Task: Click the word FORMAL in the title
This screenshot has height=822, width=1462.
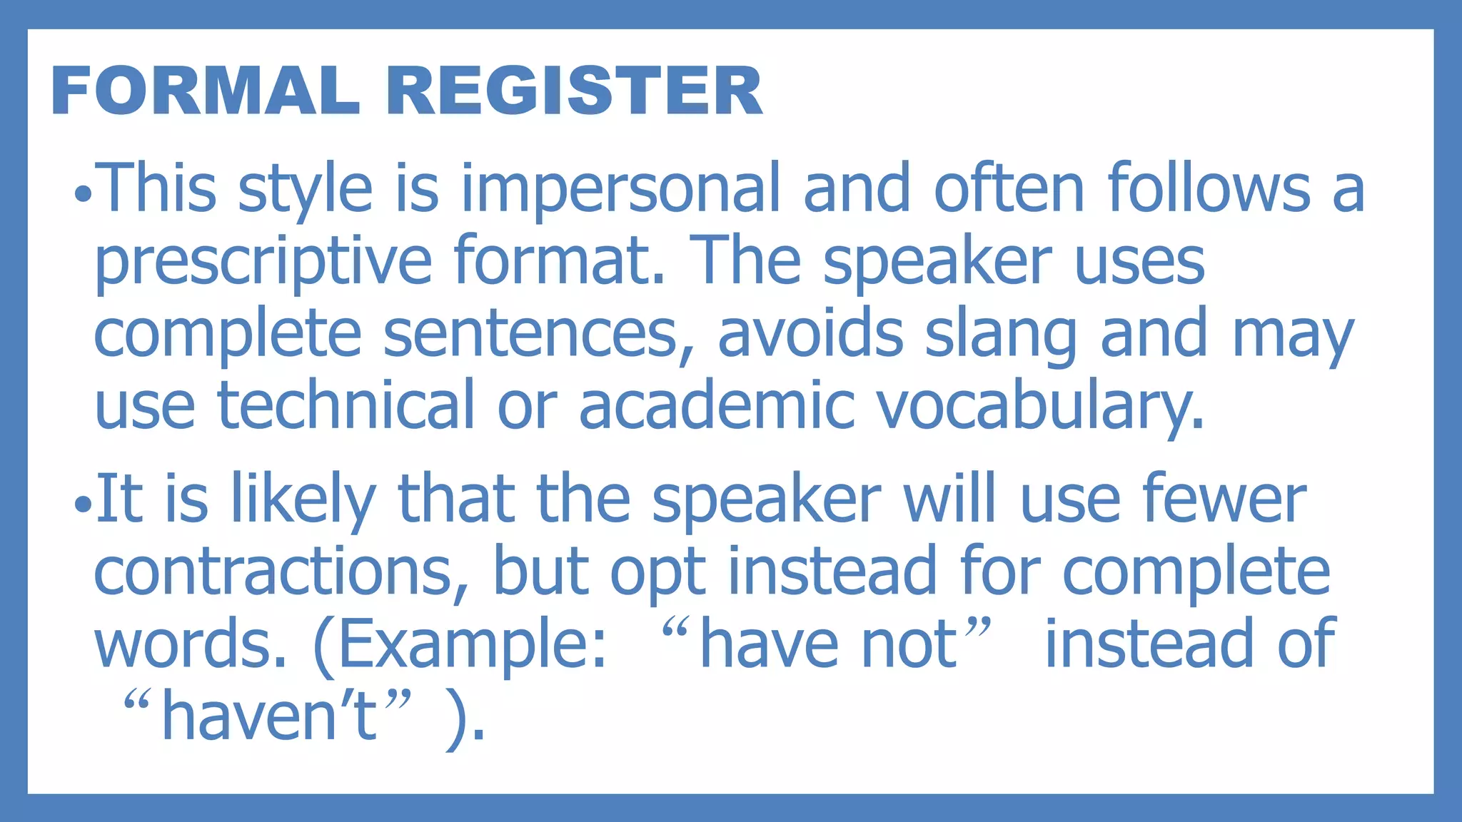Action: point(205,91)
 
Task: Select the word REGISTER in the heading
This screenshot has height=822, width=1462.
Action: point(575,91)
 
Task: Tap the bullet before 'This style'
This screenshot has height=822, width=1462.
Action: point(83,193)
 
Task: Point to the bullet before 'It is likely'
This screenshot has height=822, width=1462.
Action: point(83,504)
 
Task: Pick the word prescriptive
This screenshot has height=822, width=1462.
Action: point(263,262)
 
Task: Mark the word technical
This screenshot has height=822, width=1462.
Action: point(346,405)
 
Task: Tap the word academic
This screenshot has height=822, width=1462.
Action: point(716,405)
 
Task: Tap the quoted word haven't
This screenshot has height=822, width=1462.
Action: point(268,716)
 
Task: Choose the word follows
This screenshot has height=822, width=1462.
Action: point(1209,188)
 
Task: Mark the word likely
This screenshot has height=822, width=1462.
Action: point(303,501)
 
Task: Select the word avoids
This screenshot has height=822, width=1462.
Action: point(810,334)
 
